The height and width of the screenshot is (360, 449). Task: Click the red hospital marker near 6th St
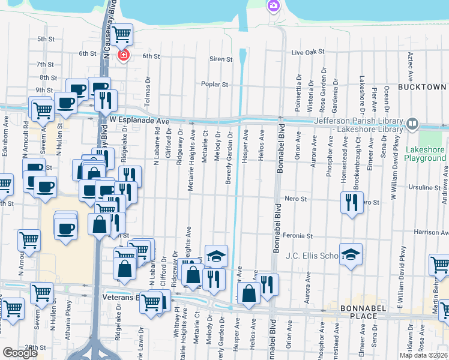coord(124,55)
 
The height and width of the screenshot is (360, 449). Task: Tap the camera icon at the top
coord(274,6)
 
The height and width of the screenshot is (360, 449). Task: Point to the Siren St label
coord(221,59)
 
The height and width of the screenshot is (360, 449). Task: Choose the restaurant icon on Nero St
coord(351,203)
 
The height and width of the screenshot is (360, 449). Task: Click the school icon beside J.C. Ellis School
coord(351,254)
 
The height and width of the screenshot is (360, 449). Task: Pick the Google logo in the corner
coord(20,353)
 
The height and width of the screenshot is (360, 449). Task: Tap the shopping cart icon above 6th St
coord(122,34)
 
